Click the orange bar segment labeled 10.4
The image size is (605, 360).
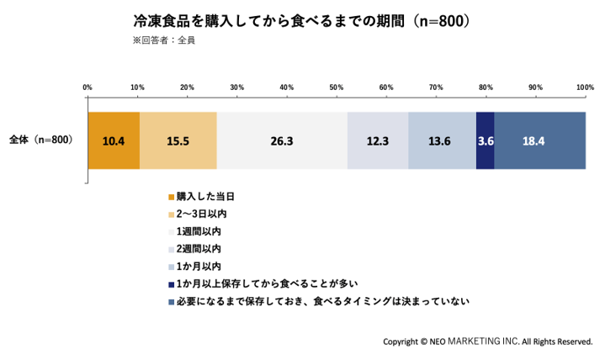(x=114, y=140)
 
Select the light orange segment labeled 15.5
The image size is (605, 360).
(x=178, y=140)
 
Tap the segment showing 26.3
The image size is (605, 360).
(x=282, y=140)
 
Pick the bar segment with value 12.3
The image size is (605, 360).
(x=378, y=140)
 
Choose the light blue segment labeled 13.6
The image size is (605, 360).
(x=442, y=140)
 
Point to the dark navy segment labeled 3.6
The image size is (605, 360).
(x=486, y=140)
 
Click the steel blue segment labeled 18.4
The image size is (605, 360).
(x=540, y=140)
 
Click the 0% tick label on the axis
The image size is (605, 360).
(x=88, y=87)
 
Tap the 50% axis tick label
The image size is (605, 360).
(x=337, y=87)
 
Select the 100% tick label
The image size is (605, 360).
(x=586, y=87)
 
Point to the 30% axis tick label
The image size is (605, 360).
(x=237, y=87)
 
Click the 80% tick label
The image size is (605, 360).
(x=486, y=87)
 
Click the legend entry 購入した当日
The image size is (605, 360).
(x=201, y=197)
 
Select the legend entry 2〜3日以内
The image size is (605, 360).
(x=198, y=214)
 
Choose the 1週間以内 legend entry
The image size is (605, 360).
(x=195, y=231)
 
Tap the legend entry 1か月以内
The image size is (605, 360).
(x=195, y=267)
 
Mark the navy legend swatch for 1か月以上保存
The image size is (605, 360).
(x=172, y=285)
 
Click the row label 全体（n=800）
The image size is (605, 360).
(x=41, y=140)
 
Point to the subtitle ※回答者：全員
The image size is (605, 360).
(x=164, y=40)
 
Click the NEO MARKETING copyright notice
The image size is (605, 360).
(x=488, y=341)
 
